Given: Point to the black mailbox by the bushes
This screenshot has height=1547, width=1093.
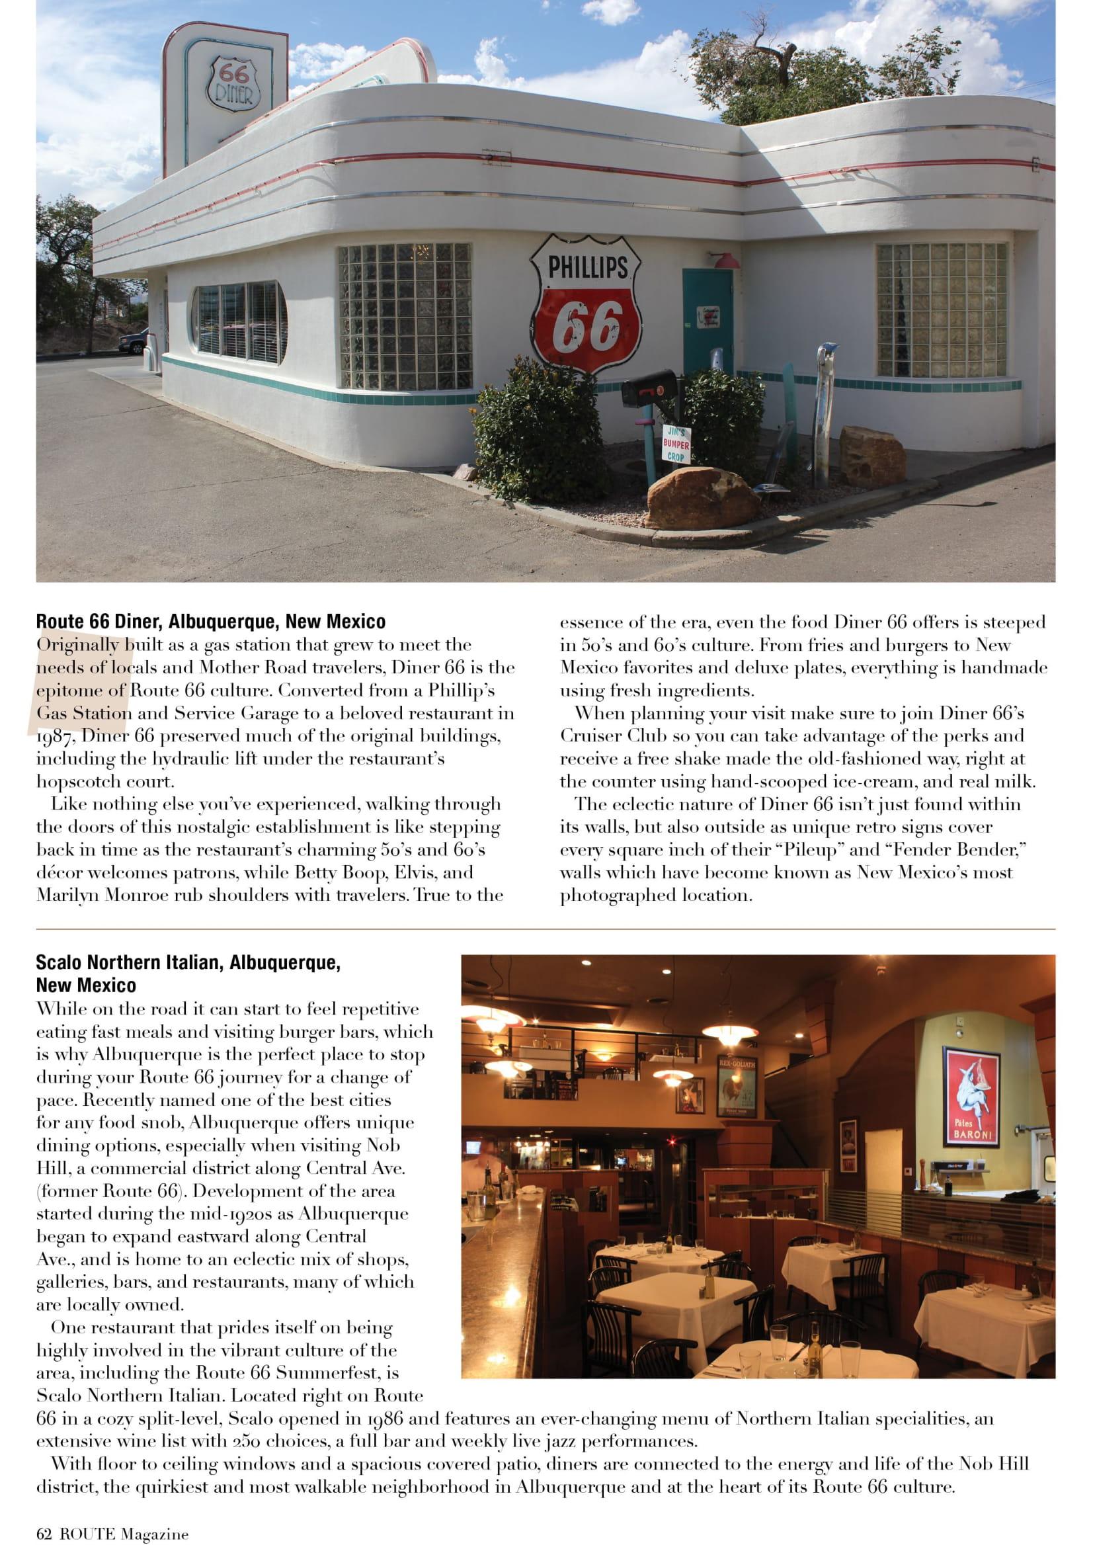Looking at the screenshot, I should pos(647,384).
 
